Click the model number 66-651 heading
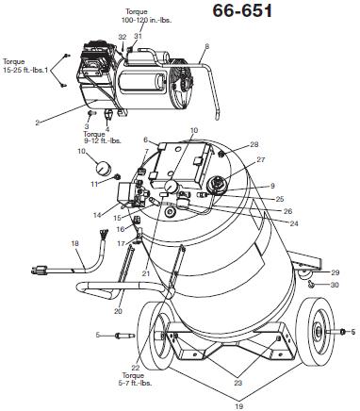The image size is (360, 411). pos(242,11)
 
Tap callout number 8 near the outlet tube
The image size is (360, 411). pos(206,47)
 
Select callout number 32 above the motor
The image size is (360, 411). pos(123,37)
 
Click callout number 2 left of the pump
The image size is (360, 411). pos(38,123)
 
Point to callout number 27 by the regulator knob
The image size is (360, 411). pos(261,159)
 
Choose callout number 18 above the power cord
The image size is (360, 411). pos(75,243)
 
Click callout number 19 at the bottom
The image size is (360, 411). pos(239,406)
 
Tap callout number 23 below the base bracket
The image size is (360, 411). pos(238,383)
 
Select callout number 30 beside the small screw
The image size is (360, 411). pos(335,285)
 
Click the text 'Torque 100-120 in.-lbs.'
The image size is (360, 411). pos(147,16)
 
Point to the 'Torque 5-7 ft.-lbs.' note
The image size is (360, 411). pos(137,379)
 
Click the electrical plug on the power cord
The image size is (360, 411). pos(40,271)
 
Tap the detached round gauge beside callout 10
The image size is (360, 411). pos(104,168)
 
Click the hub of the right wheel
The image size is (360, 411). pos(319,332)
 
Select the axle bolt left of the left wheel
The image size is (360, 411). pos(124,336)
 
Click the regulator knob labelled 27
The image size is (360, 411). pos(217,185)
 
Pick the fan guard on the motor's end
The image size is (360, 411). pos(182,84)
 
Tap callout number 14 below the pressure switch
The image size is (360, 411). pos(97,215)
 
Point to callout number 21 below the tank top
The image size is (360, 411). pos(146,273)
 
